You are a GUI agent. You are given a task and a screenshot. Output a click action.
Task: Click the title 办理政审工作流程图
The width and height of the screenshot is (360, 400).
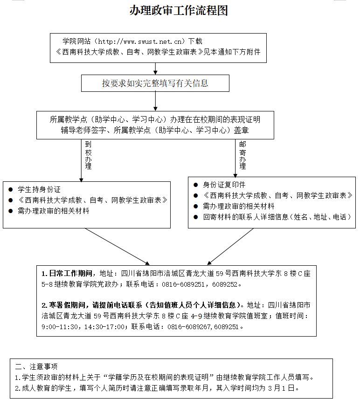pos(178,11)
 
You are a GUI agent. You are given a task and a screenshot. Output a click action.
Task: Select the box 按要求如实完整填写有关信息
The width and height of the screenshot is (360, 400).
pos(155,83)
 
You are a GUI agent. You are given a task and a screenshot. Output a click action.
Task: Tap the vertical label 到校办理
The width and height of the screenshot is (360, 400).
pos(88,155)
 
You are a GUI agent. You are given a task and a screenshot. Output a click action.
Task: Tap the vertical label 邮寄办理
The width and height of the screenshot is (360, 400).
pos(242,155)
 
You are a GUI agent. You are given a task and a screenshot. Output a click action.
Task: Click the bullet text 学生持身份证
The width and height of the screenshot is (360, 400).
pos(39,189)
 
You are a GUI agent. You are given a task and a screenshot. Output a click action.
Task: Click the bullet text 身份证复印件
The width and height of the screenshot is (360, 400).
pos(224,185)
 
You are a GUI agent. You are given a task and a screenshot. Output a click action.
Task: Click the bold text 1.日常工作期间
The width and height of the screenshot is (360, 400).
pos(67,274)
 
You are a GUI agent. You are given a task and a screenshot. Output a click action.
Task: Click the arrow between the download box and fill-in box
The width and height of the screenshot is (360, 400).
pos(155,69)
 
